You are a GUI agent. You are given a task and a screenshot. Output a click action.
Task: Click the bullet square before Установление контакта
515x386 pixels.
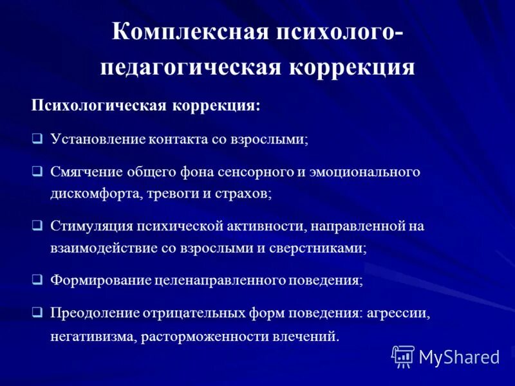point(37,138)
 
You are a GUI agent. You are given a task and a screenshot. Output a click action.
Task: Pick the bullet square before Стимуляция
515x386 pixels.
point(37,226)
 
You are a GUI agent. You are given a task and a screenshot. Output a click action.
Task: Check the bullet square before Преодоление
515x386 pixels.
point(37,313)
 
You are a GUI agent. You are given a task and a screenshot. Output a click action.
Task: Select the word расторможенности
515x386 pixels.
point(203,336)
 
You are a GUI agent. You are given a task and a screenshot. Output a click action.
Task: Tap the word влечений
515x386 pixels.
point(305,336)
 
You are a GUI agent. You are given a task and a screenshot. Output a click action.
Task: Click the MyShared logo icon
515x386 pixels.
point(403,355)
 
